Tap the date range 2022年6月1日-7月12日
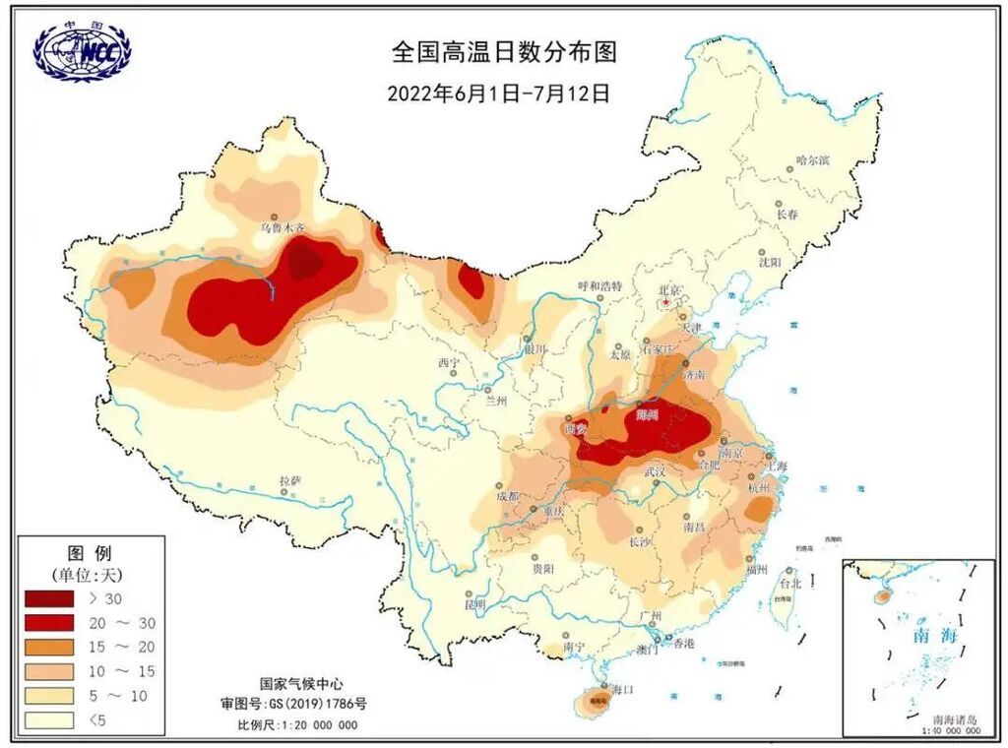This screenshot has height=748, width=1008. [499, 93]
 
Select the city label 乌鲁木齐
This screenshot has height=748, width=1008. [282, 227]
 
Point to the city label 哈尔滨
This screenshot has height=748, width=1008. [813, 159]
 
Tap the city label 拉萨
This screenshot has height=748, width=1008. [288, 480]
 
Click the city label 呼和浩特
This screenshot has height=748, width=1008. [599, 286]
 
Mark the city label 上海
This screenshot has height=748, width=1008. [777, 467]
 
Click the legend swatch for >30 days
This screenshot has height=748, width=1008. [49, 598]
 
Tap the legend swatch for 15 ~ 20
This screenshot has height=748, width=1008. [49, 647]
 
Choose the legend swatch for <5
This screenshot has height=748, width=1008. [49, 719]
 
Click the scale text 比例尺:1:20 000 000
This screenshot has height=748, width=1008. [297, 725]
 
